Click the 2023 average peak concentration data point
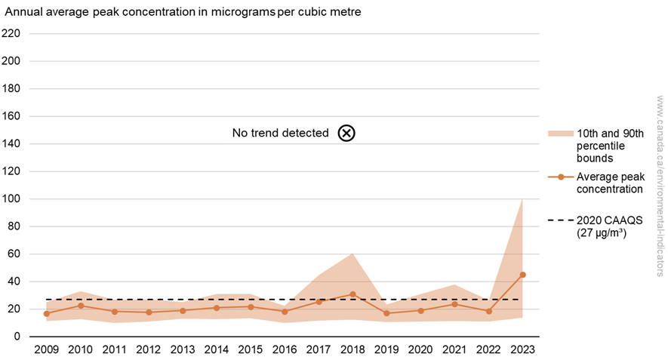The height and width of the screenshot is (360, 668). (x=523, y=275)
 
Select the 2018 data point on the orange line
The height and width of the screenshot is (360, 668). (x=352, y=294)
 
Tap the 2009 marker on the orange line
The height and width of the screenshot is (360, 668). (x=46, y=313)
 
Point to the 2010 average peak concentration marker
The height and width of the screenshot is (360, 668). (x=80, y=306)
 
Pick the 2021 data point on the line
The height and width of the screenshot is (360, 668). (x=454, y=304)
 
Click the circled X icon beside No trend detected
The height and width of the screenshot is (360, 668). (x=346, y=133)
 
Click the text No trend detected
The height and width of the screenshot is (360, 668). (x=280, y=133)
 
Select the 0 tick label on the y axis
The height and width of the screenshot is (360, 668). (x=16, y=337)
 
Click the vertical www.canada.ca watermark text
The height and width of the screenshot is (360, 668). (x=658, y=186)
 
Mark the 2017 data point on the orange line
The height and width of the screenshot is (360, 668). (x=319, y=302)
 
